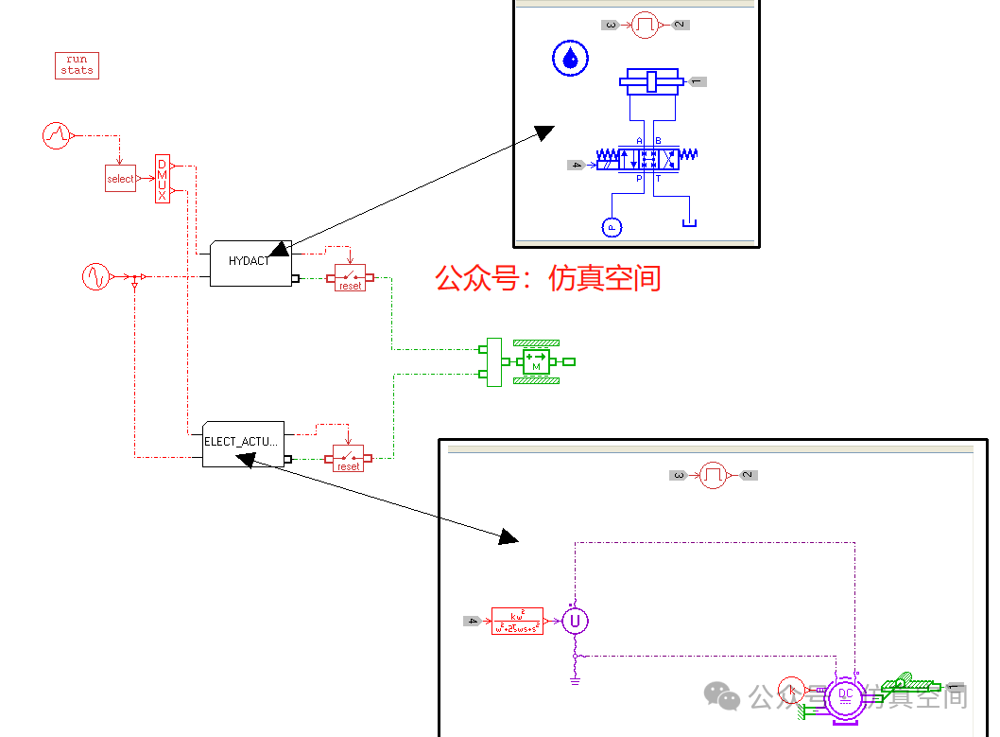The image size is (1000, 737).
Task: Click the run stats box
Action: [x=77, y=65]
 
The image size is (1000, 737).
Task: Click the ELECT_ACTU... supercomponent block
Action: [x=243, y=443]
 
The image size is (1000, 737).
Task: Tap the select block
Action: [x=120, y=178]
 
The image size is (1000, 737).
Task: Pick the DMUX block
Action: [x=162, y=178]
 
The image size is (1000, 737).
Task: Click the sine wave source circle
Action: [x=96, y=277]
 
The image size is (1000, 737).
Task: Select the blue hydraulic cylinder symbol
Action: [x=650, y=82]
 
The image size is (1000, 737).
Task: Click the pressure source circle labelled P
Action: [x=612, y=227]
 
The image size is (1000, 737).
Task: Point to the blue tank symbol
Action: [x=689, y=222]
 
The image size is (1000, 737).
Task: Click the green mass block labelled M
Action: [x=536, y=361]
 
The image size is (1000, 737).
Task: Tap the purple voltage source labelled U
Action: [x=574, y=622]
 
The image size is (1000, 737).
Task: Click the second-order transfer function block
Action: [x=517, y=621]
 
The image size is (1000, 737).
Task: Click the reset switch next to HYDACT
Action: [x=350, y=278]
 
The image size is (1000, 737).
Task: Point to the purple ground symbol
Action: [x=574, y=677]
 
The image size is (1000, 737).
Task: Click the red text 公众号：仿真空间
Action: [x=547, y=278]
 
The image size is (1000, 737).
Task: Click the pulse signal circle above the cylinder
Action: [x=646, y=25]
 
